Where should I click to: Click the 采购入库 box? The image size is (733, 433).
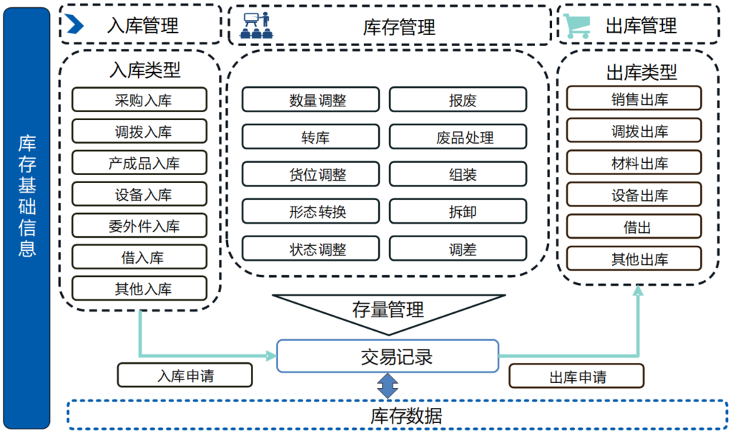[x=139, y=100]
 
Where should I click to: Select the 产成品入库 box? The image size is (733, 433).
[x=139, y=163]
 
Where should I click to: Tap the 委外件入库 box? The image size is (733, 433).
[x=139, y=226]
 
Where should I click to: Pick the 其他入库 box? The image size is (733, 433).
[x=139, y=289]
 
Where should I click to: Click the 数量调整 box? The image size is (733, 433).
[x=310, y=100]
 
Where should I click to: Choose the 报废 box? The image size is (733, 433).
[x=458, y=100]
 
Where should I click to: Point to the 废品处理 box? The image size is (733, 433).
[x=458, y=137]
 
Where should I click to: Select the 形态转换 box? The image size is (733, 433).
[x=310, y=211]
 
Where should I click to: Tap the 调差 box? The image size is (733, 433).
[x=458, y=249]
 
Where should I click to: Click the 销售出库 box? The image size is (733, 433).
[x=634, y=99]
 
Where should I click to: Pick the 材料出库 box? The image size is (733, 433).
[x=634, y=162]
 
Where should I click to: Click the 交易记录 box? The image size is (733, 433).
[x=387, y=356]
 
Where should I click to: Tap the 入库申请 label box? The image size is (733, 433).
[x=185, y=375]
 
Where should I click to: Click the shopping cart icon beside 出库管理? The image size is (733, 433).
[x=577, y=26]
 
